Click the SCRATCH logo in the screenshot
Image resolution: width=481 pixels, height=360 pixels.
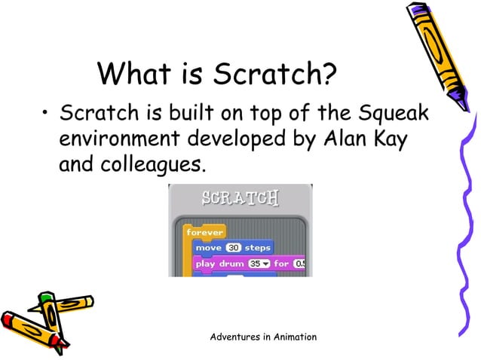(240, 199)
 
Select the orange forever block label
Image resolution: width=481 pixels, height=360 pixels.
(204, 233)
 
